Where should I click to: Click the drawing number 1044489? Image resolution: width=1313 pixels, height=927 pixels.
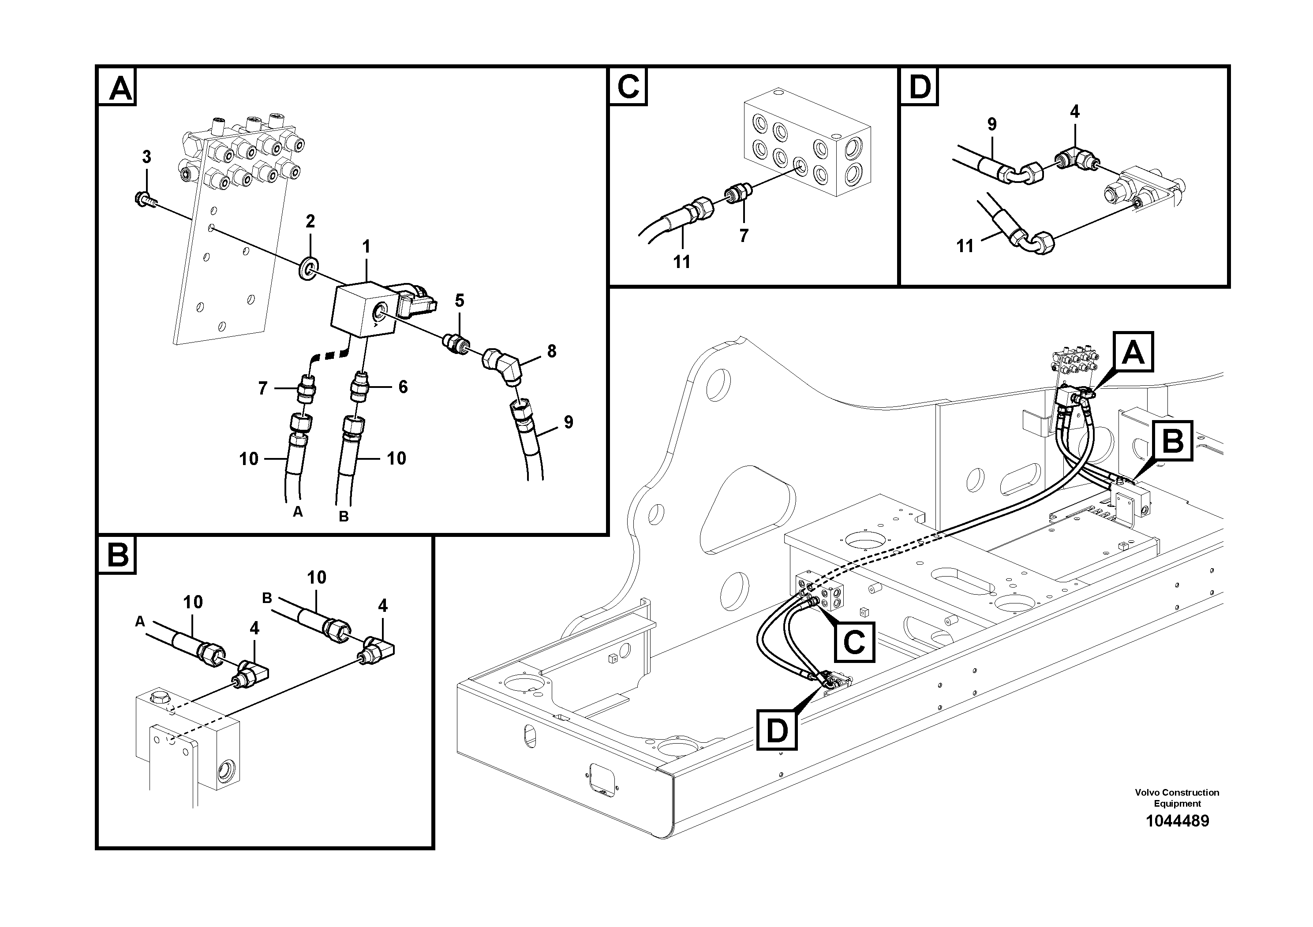(x=1177, y=821)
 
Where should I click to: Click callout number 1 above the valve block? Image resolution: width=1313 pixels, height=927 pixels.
(x=366, y=247)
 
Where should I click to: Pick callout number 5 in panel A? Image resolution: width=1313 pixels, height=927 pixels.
(x=459, y=300)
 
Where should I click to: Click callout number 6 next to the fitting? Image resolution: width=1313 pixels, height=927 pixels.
(x=403, y=387)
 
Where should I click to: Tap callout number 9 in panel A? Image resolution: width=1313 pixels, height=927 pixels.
(x=568, y=422)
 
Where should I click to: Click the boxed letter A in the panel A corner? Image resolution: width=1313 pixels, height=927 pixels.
(x=120, y=89)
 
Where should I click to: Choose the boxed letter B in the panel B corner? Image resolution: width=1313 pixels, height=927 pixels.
(x=117, y=555)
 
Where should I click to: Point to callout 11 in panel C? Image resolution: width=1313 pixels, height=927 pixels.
(x=681, y=262)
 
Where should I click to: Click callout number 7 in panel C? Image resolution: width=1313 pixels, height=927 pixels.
(x=744, y=235)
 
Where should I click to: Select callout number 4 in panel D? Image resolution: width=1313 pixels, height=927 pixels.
(x=1074, y=112)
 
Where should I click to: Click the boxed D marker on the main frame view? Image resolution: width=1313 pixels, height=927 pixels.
(x=777, y=730)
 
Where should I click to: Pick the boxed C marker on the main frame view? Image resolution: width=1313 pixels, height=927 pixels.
(x=854, y=642)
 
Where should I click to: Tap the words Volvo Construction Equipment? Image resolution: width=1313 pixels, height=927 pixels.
(x=1177, y=798)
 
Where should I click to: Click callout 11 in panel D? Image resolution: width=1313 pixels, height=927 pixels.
(x=965, y=246)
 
